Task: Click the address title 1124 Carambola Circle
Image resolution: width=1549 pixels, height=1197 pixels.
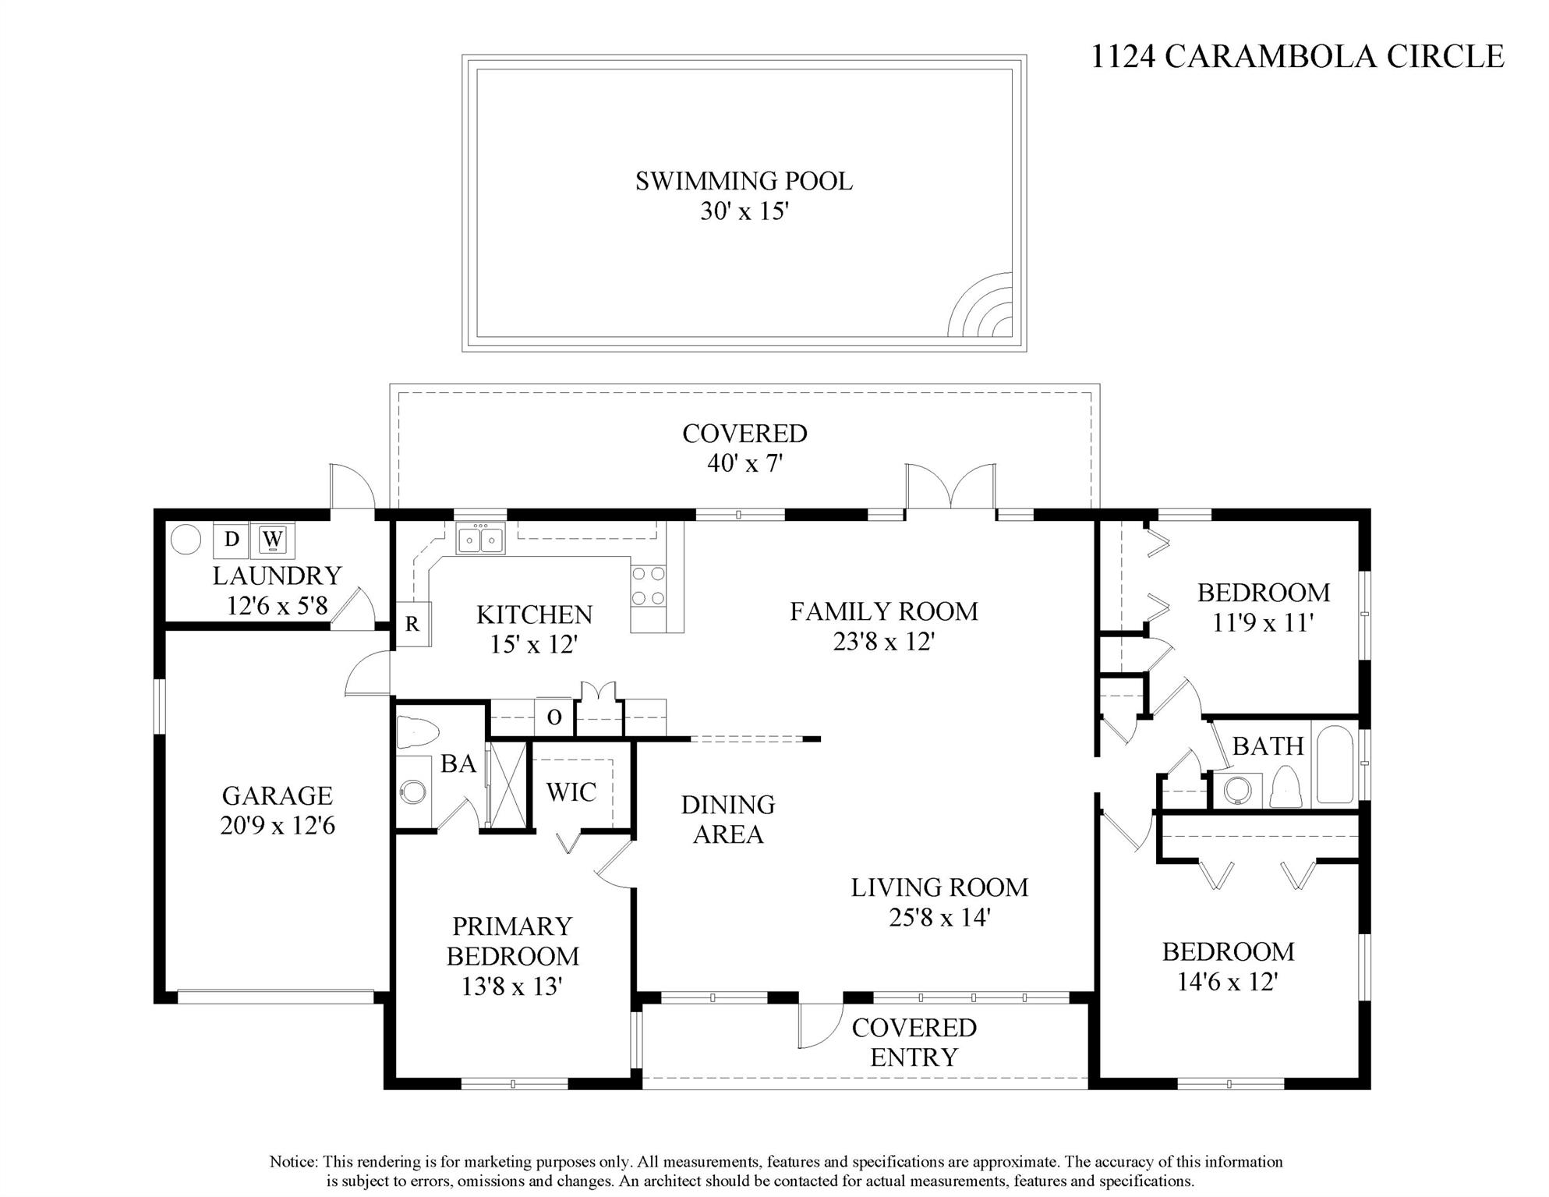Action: tap(1296, 56)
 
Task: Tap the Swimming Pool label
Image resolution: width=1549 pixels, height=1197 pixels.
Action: tap(744, 181)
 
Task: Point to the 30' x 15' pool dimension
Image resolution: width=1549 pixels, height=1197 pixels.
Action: tap(744, 211)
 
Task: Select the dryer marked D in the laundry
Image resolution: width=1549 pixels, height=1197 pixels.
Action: tap(231, 540)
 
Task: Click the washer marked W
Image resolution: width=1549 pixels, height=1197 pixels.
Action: tap(272, 540)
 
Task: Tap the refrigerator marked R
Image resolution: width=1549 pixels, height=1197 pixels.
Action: tap(412, 624)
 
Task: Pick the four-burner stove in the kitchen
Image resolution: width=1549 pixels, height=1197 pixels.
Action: tap(649, 586)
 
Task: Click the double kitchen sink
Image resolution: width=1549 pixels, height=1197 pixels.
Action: tap(480, 539)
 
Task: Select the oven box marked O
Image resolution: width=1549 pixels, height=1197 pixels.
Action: tap(554, 717)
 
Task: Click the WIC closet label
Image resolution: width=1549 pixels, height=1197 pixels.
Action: tap(571, 792)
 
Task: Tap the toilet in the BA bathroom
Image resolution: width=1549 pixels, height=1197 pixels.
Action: tap(416, 732)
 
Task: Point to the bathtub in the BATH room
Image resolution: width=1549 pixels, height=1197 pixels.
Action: tap(1335, 765)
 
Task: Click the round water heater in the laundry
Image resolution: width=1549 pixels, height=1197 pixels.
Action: tap(186, 539)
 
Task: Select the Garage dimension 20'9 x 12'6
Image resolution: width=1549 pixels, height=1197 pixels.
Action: tap(278, 825)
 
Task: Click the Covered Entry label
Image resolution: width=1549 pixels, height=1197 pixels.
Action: tap(914, 1042)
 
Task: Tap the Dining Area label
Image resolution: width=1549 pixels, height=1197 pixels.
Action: tap(728, 819)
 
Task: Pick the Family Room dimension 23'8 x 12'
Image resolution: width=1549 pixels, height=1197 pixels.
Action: tap(884, 642)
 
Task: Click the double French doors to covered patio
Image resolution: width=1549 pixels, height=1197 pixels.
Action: tap(950, 490)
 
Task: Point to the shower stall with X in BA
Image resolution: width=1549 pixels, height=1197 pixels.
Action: tap(507, 784)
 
